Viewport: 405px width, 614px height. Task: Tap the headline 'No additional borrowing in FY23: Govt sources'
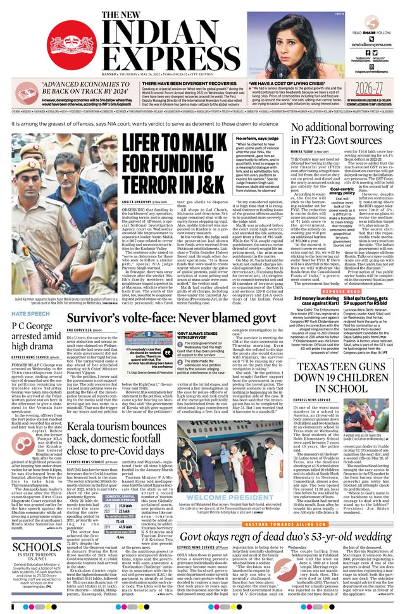[x=342, y=134]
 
